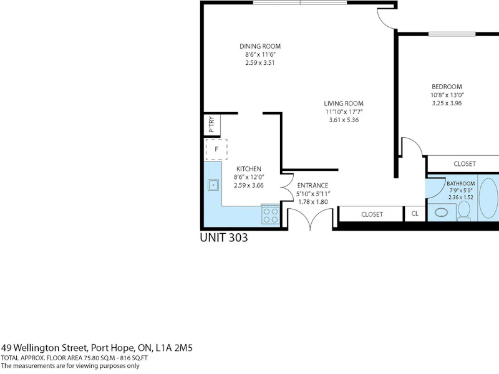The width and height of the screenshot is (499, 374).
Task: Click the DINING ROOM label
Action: coord(260,46)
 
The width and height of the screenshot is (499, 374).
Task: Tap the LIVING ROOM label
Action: coord(344,103)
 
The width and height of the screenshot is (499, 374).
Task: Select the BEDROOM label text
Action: coord(447,87)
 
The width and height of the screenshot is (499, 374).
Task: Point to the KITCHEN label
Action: coord(249,169)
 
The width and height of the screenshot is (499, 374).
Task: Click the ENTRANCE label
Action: coord(312,185)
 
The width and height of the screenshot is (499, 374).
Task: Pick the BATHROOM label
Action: coord(460,183)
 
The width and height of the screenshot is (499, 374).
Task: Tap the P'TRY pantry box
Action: coord(212,124)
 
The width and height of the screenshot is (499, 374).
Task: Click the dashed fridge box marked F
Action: coord(216,149)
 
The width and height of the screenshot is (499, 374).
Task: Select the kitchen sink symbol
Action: coord(213,185)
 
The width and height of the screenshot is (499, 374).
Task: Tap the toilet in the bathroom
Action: coord(464,211)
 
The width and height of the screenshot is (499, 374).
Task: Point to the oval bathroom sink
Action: coord(442,212)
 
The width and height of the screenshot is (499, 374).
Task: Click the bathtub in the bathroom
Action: coord(489,198)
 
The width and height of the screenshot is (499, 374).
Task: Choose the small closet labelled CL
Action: coord(415,214)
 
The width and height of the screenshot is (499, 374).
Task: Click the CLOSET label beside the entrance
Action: coord(372,214)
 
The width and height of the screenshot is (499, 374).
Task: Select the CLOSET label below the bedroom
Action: coord(465,164)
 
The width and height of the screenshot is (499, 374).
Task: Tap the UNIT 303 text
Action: coord(224,237)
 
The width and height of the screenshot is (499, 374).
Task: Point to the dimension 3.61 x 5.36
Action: coord(344,120)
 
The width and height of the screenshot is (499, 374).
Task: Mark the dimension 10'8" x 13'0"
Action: coord(447,95)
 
